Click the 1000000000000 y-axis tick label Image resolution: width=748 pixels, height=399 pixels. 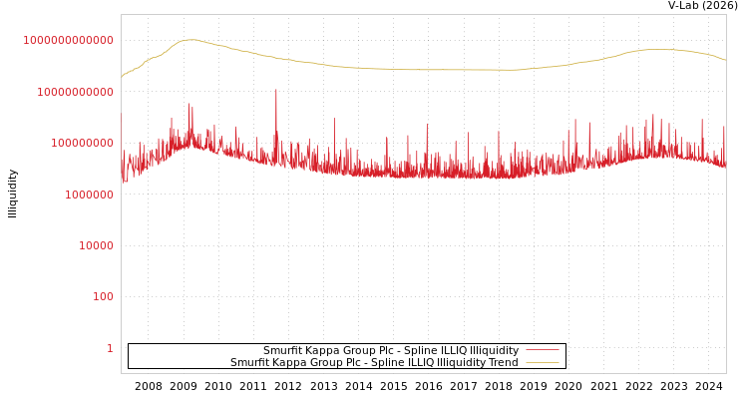click(68, 40)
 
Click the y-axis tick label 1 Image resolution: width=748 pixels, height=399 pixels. click(110, 348)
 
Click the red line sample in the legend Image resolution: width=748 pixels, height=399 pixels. click(542, 350)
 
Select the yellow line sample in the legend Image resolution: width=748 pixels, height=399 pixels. click(542, 362)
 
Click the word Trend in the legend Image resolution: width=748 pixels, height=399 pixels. click(503, 362)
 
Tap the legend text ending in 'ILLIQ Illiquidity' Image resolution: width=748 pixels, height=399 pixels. click(391, 350)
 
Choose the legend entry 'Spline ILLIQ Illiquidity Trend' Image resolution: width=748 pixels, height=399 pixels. click(374, 362)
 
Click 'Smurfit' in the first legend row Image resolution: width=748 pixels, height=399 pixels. click(284, 350)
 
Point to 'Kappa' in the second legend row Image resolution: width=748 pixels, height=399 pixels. click(293, 362)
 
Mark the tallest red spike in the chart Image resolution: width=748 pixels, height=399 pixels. click(276, 91)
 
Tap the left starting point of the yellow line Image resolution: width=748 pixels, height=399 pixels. click(122, 77)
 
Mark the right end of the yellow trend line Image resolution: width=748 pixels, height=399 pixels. click(725, 61)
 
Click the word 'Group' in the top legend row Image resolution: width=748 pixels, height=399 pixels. click(363, 350)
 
